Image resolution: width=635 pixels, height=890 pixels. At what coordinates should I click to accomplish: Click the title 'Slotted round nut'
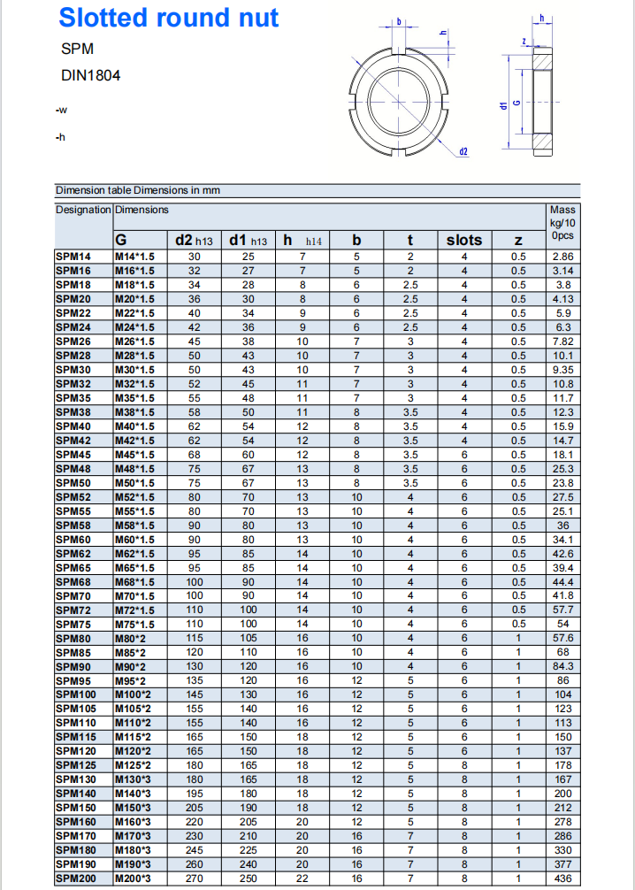click(169, 18)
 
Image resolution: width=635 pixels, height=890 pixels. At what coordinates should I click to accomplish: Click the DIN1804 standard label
click(91, 76)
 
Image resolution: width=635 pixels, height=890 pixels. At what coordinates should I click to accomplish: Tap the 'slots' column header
click(463, 240)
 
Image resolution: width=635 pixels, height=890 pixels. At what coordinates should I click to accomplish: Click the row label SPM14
click(73, 257)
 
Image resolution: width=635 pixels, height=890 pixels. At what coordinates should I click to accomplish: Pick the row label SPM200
click(76, 878)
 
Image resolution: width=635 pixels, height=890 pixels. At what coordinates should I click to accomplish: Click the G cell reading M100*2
click(134, 694)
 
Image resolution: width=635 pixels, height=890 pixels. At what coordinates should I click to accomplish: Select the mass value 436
click(562, 878)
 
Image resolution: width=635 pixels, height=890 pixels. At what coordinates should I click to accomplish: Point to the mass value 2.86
click(562, 257)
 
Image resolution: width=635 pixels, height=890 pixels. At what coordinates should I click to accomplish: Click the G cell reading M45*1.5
click(134, 455)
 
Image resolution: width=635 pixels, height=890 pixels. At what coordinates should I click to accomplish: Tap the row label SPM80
click(73, 638)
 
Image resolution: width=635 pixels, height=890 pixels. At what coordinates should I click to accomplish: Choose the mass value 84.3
click(562, 666)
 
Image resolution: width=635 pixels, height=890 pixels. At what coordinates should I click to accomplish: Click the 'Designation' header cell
click(83, 210)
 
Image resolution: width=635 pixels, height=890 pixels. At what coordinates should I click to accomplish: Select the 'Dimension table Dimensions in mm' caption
click(138, 190)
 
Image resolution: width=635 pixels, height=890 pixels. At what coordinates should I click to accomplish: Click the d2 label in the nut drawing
click(463, 151)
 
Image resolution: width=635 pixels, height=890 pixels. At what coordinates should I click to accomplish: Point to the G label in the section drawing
click(516, 104)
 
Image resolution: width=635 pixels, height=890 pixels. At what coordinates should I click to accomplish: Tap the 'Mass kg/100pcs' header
click(562, 223)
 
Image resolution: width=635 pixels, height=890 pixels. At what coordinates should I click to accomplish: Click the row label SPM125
click(76, 765)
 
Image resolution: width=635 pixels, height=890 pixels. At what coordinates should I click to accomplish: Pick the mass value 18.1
click(562, 455)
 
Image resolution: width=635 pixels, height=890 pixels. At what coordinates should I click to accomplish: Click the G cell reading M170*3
click(134, 836)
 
